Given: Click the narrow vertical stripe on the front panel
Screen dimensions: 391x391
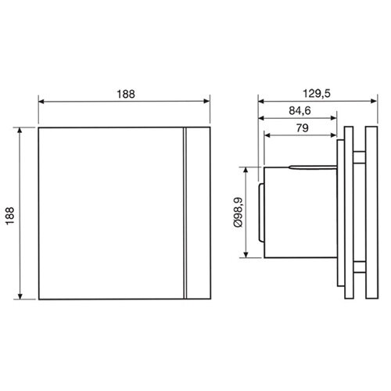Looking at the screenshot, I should [x=186, y=213].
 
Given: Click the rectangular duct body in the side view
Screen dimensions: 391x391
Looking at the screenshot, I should [x=297, y=213].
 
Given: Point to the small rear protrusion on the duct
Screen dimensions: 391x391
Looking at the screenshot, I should [x=260, y=213].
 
